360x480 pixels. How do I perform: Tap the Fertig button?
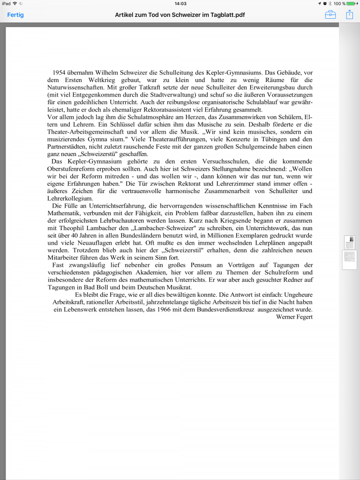point(15,15)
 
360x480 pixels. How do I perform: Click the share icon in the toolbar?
point(349,15)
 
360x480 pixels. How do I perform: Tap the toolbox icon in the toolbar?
point(330,15)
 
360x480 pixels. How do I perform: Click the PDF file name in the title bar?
point(180,15)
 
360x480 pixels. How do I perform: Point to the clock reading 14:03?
point(180,3)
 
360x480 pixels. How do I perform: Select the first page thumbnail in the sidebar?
point(349,242)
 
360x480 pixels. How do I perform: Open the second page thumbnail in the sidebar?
point(349,259)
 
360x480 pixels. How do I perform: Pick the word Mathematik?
point(64,213)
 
